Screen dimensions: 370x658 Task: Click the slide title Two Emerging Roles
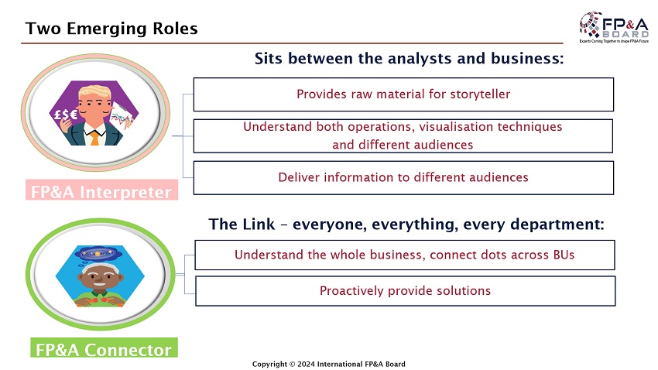click(x=111, y=29)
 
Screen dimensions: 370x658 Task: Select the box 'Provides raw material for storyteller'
click(x=403, y=94)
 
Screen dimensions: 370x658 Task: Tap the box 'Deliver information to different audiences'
click(x=403, y=177)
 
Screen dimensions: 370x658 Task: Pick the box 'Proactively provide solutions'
click(x=405, y=291)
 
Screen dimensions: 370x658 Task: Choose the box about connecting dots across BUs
click(x=404, y=255)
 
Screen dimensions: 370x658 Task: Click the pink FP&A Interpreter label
click(x=101, y=191)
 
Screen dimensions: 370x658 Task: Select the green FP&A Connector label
click(x=103, y=350)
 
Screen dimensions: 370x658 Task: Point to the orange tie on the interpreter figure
click(x=94, y=138)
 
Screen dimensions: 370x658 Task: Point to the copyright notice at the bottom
click(x=329, y=364)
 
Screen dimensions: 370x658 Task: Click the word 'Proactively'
click(x=351, y=291)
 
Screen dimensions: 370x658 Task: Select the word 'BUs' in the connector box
click(x=563, y=255)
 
